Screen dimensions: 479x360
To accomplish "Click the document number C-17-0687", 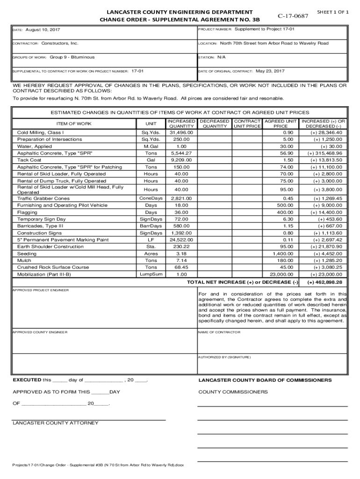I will coord(293,16).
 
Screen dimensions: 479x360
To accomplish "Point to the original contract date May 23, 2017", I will coord(270,71).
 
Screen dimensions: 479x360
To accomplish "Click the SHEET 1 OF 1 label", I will coord(333,11).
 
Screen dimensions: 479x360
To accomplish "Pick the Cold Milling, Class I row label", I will coord(40,132).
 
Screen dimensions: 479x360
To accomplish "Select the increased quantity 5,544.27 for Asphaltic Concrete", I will coord(181,153).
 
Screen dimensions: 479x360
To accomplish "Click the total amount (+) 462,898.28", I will coord(325,283).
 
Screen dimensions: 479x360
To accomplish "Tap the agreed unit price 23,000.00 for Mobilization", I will coord(281,274).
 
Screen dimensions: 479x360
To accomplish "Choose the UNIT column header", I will coord(151,123).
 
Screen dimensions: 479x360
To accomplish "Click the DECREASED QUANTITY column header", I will coord(215,123).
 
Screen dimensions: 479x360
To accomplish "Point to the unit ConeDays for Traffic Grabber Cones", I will coord(151,198).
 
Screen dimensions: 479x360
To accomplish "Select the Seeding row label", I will coord(27,254).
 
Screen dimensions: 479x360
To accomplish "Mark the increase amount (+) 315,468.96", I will coord(325,153).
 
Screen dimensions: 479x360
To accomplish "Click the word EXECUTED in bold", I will coord(27,380).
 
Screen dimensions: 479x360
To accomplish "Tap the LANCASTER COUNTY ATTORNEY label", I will coord(56,423).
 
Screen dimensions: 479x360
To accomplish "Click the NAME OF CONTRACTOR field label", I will coord(219,332).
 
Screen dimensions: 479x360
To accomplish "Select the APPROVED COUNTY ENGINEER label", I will coord(40,332).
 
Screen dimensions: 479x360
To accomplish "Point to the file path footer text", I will coord(98,465).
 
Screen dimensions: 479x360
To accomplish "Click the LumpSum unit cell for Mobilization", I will coord(151,274).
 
